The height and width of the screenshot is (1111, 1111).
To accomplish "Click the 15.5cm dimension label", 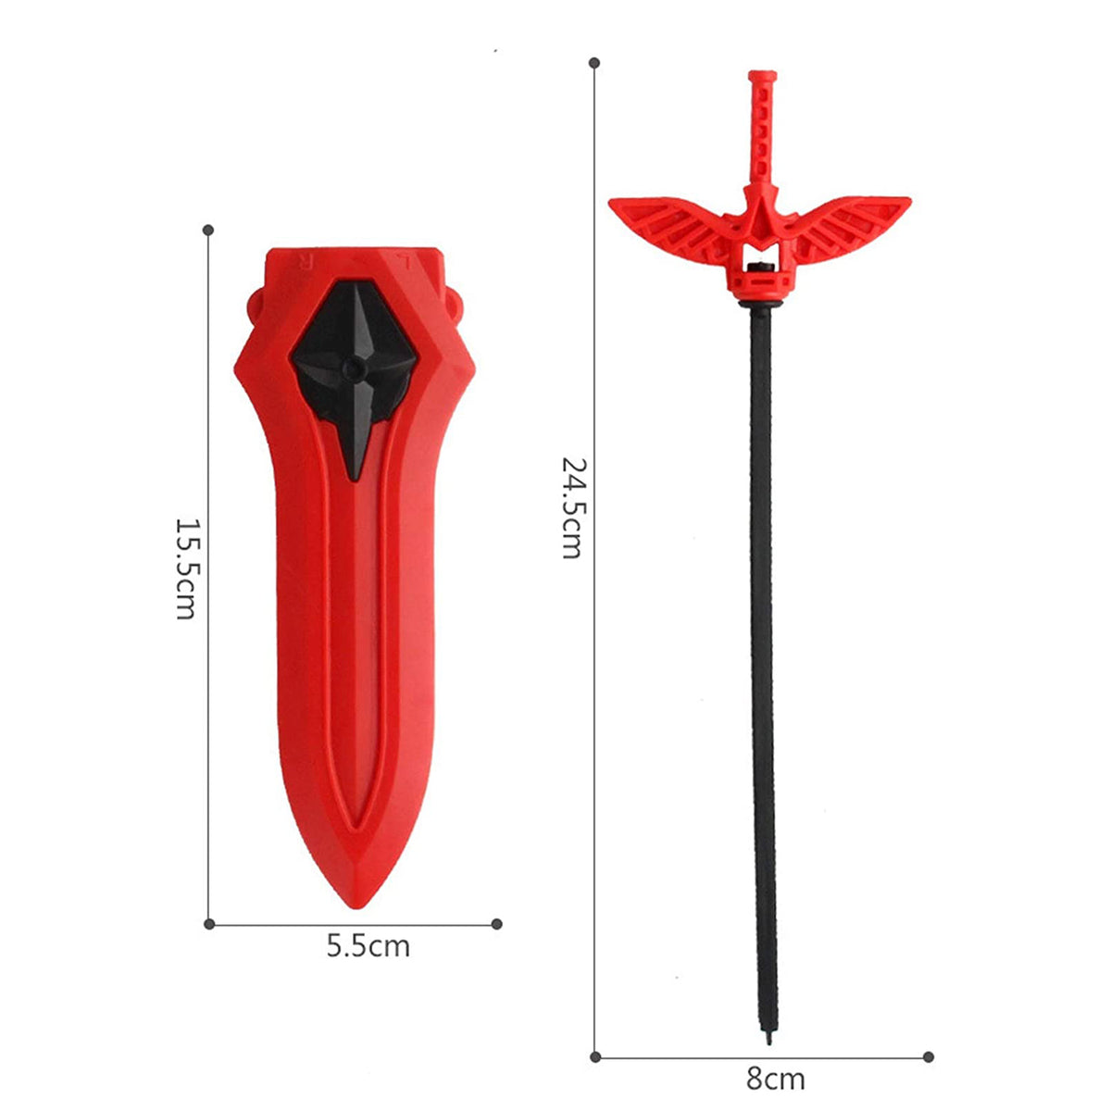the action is pos(186,569).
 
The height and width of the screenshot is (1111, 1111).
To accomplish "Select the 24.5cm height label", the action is pos(572,508).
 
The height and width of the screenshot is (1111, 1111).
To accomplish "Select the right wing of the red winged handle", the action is pos(847,227).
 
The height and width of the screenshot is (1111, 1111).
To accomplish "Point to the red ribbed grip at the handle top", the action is pos(762,131).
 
